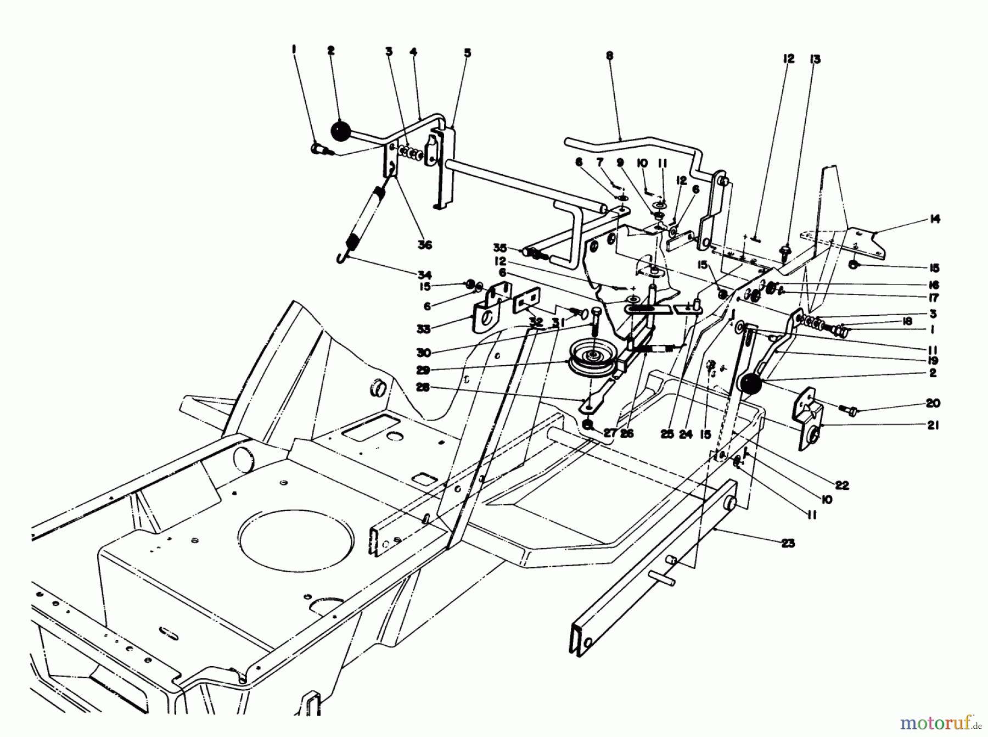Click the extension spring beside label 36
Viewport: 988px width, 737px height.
coord(366,217)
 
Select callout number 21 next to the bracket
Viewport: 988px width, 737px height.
coord(933,425)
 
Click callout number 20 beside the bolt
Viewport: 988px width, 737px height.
coord(933,403)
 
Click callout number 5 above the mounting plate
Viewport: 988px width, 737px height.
coord(467,53)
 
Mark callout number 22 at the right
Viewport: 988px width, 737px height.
coord(842,485)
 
